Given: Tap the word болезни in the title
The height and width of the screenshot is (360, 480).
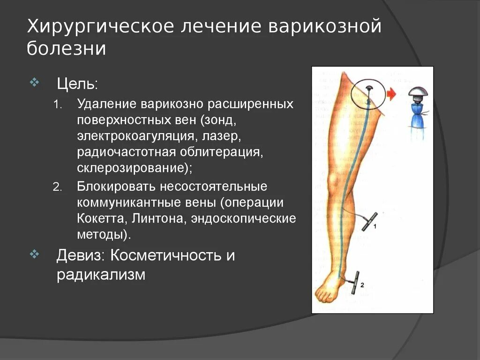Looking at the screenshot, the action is pos(66,49).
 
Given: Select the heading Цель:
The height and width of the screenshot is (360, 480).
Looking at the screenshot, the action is pos(77,84).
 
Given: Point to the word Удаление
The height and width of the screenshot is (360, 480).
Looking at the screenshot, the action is pos(104,104).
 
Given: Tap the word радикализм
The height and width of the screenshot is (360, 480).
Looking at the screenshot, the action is pos(101,275).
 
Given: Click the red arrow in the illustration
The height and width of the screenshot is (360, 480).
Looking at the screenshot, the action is pos(391,94).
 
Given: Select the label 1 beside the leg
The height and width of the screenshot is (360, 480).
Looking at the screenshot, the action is pos(375,226).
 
